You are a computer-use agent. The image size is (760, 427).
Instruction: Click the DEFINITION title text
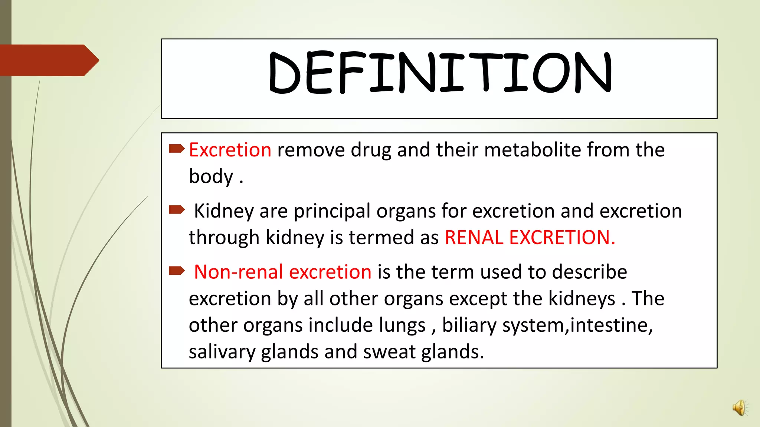440,73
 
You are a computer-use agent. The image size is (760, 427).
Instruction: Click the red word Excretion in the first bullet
230,150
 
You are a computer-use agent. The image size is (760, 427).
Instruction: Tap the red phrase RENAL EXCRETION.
530,238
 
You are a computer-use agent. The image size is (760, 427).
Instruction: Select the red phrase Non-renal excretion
283,272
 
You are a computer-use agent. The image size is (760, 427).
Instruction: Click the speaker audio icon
739,408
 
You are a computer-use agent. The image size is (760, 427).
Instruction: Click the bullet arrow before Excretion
177,149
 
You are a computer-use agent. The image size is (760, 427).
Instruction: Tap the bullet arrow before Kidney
177,210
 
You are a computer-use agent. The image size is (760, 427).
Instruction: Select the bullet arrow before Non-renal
177,271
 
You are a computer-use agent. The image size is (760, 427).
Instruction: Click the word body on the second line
211,176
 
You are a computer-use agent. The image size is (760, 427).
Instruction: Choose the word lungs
402,325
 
